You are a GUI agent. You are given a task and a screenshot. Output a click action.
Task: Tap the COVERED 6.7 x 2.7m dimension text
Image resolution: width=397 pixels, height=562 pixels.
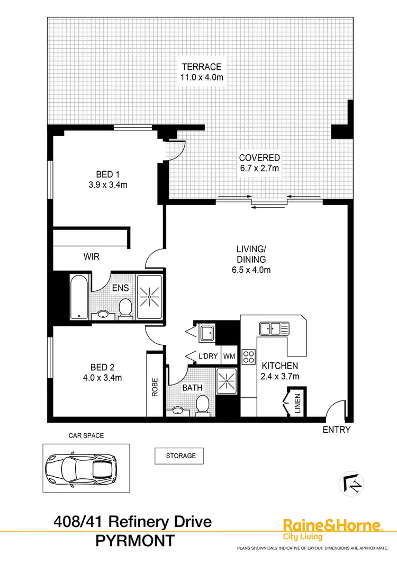pos(259,168)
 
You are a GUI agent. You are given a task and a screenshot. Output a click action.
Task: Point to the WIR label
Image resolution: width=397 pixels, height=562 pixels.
pos(92,256)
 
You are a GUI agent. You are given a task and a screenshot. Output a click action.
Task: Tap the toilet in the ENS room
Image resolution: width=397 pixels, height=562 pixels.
pos(125,308)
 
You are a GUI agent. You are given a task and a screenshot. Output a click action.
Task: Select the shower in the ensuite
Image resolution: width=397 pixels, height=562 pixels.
pos(150,297)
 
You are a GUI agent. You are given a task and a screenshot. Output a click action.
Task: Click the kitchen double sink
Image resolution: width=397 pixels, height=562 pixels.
pos(273,328)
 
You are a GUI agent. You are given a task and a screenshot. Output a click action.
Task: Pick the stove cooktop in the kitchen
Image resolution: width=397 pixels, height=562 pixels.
pos(248,355)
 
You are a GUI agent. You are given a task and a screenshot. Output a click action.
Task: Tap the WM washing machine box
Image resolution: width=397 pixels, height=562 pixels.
pos(229,356)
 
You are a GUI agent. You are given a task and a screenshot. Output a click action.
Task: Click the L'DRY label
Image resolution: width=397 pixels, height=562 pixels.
pos(207,356)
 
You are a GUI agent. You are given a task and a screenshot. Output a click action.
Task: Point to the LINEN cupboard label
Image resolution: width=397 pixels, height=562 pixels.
pos(297,404)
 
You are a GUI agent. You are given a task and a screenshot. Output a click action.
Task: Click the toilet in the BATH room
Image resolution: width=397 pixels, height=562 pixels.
pos(201,405)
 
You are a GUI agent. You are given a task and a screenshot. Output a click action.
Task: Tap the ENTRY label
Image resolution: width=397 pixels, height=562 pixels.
pos(337,430)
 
